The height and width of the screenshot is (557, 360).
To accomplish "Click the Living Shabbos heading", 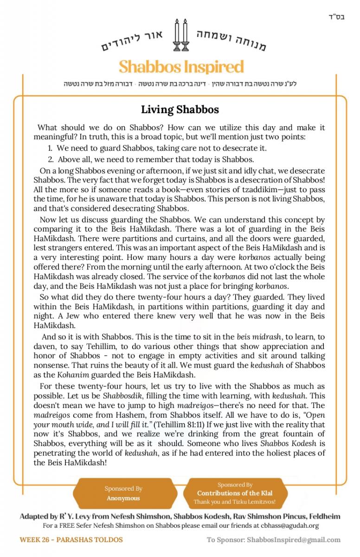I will click(x=180, y=110).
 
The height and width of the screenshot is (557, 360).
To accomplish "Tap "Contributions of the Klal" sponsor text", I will click(x=235, y=493).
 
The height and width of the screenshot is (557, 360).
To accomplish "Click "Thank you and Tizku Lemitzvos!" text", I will click(x=235, y=502).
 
